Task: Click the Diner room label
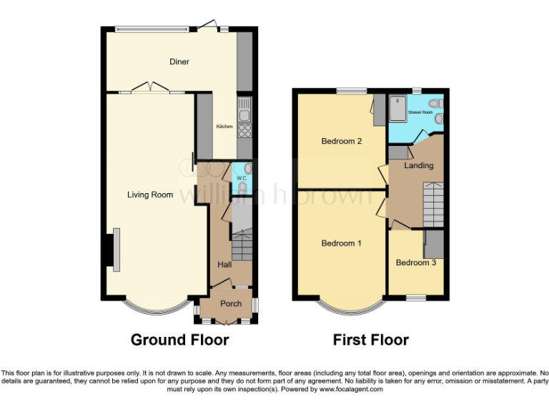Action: tap(179, 62)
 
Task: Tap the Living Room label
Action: tap(150, 195)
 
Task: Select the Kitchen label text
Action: tap(224, 127)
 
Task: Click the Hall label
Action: tap(224, 265)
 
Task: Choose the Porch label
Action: tap(231, 303)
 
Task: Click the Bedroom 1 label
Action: tap(341, 243)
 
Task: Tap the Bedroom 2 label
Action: tap(341, 141)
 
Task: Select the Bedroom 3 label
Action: tap(415, 263)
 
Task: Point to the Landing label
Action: tap(418, 165)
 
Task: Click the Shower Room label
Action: tap(420, 112)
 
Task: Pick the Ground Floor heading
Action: tap(179, 340)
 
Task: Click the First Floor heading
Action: tap(371, 340)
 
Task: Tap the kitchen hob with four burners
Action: tap(244, 129)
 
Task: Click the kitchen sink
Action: tap(244, 112)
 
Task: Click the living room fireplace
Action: tap(112, 250)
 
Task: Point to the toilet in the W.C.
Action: tap(243, 187)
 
